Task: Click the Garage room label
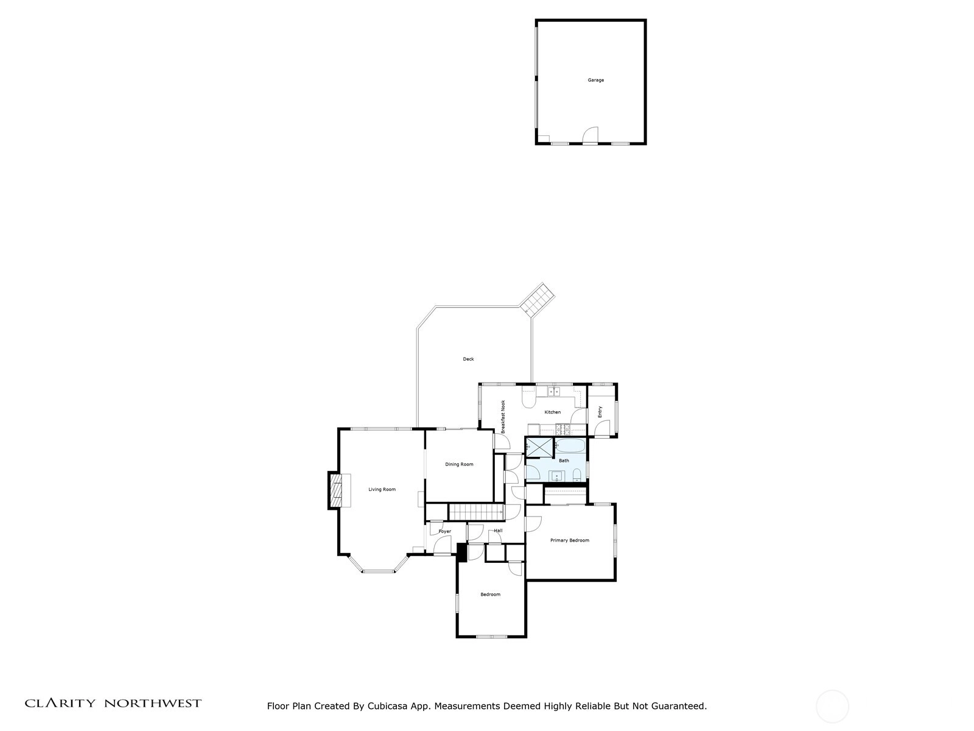[x=595, y=80]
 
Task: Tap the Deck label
[x=468, y=359]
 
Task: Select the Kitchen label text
[x=553, y=412]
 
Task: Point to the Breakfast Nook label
[x=503, y=417]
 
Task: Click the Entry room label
[x=600, y=411]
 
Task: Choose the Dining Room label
[x=459, y=464]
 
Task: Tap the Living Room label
[x=382, y=490]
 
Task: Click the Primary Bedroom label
[x=570, y=540]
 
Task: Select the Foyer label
[x=444, y=531]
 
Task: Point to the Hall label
[x=498, y=531]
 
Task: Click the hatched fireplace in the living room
[x=336, y=490]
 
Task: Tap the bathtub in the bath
[x=571, y=446]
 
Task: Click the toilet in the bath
[x=577, y=476]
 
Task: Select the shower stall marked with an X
[x=539, y=447]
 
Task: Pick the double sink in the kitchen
[x=553, y=392]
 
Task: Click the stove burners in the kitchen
[x=563, y=429]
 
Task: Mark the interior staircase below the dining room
[x=476, y=512]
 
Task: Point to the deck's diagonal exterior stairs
[x=538, y=298]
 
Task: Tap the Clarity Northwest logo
[x=113, y=704]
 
